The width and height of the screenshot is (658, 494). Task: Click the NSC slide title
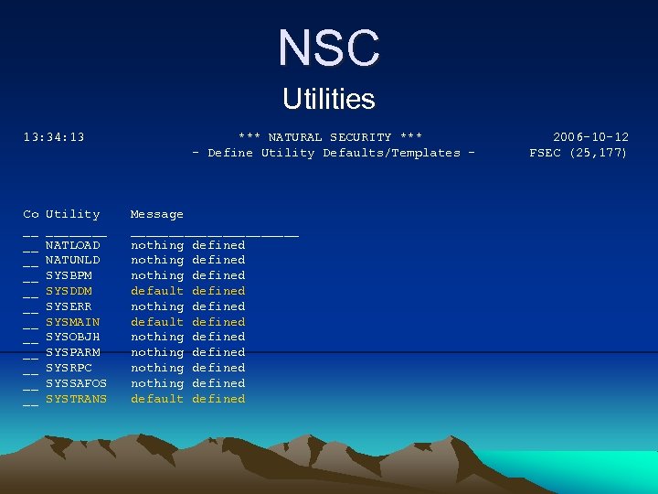pos(329,48)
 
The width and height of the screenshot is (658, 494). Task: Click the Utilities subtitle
pos(329,98)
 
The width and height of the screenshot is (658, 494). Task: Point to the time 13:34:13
pos(54,137)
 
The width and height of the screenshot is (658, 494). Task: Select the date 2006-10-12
pos(590,137)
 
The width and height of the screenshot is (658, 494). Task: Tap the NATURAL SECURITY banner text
pos(329,137)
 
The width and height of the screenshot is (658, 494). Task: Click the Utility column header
pos(73,214)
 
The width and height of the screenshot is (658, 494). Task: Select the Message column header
pos(157,214)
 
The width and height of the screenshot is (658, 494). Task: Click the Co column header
pos(31,214)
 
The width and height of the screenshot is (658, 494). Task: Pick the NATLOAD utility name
pos(73,245)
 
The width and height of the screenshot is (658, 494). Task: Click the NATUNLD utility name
pos(73,260)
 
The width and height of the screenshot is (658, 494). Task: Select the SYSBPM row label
pos(69,275)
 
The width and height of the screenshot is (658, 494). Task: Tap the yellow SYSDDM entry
pos(69,291)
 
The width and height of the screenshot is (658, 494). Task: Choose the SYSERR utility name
pos(69,306)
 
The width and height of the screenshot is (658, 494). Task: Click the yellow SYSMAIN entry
pos(73,322)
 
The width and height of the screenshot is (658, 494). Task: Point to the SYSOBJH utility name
pos(73,337)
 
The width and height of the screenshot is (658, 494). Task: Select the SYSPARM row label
pos(73,352)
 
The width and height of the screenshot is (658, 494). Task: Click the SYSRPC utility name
pos(69,368)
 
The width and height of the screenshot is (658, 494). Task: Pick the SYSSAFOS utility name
pos(77,383)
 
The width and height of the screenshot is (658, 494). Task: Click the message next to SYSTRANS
pos(188,399)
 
